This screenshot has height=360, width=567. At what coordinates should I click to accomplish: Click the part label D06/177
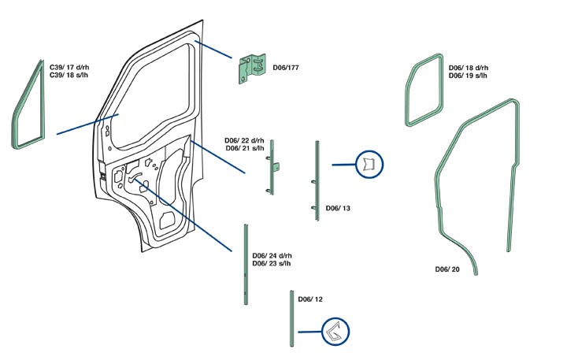286,69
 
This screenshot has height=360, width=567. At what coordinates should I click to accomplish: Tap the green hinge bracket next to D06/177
253,68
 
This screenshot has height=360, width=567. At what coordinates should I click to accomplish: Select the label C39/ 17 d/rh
70,68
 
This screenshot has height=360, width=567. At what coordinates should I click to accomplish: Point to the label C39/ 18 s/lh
69,76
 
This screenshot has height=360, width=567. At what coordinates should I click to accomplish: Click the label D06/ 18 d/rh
469,69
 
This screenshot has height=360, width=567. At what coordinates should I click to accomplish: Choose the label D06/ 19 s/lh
468,76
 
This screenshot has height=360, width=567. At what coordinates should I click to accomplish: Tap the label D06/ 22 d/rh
246,139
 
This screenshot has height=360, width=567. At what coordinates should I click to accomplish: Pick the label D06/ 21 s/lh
246,147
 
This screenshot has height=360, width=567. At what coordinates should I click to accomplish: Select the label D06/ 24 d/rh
272,256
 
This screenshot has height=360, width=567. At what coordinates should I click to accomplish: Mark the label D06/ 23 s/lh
272,264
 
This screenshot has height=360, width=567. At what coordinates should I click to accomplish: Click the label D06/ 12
310,299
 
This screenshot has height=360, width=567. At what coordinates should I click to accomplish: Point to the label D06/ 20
447,269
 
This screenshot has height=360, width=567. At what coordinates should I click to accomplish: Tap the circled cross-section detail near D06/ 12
335,332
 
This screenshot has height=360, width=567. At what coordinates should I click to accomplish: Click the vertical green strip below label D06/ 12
291,318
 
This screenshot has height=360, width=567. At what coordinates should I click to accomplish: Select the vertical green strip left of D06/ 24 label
246,264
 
